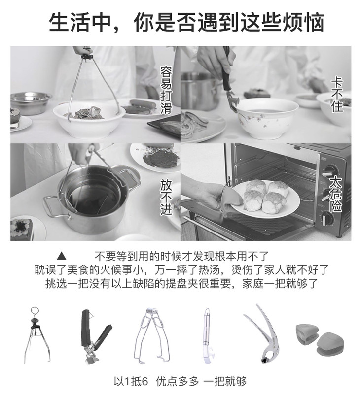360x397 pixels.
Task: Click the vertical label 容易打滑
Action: (166, 90)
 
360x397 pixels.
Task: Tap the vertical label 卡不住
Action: (337, 95)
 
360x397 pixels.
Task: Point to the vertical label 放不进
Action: (166, 198)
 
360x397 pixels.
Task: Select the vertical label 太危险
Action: (336, 194)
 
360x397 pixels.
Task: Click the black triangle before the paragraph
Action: (62, 257)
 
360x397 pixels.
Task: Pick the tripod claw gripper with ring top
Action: (37, 335)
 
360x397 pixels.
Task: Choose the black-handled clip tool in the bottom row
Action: (95, 337)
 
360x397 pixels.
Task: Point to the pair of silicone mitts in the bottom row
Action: (320, 338)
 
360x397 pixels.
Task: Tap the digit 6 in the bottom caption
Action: (144, 382)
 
